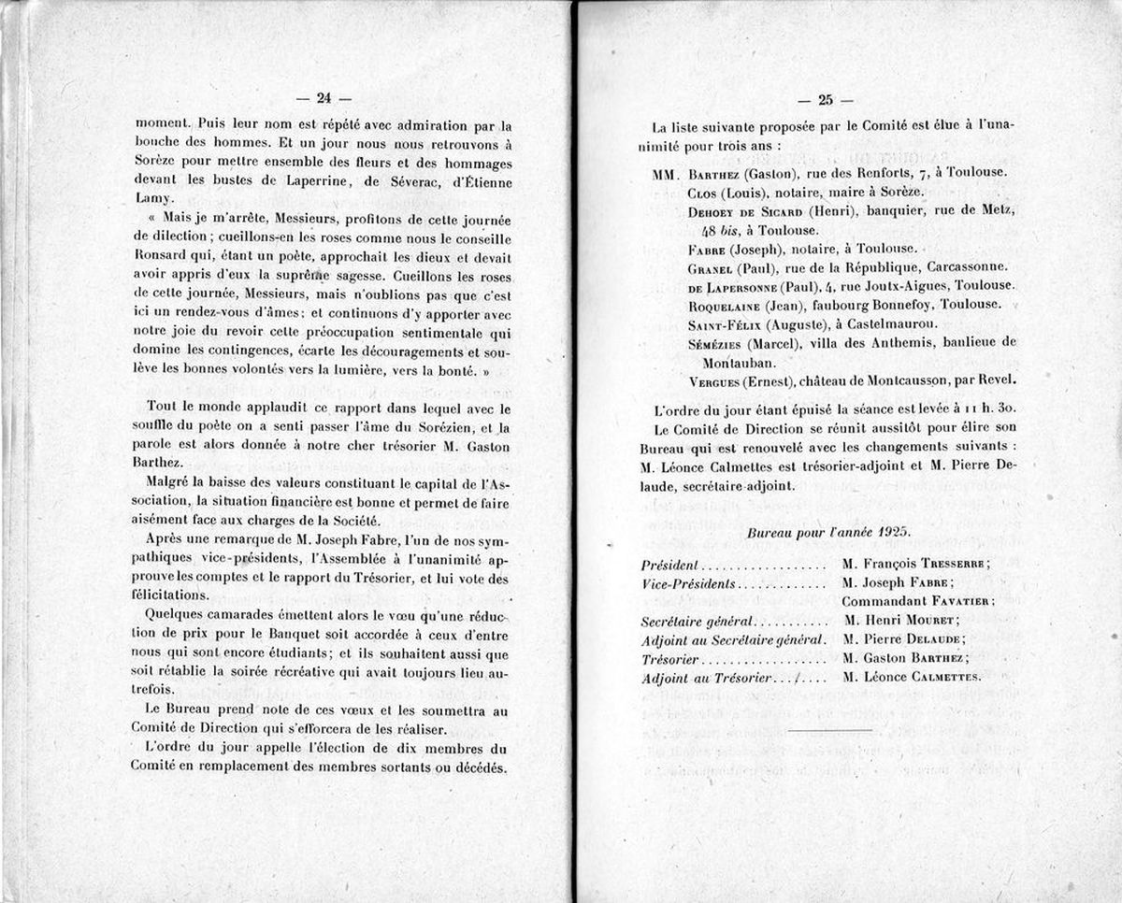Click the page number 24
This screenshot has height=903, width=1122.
click(x=324, y=97)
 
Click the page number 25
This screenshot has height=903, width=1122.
click(x=826, y=100)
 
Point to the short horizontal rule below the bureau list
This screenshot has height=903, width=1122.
click(x=829, y=729)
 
